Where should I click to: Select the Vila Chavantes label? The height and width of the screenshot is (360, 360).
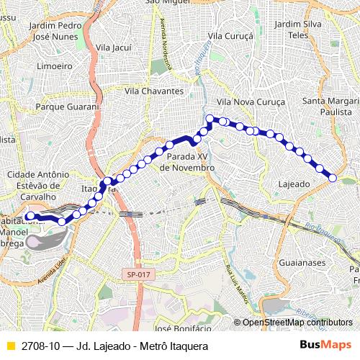(x=154, y=91)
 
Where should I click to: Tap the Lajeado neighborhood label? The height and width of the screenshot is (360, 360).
(x=294, y=184)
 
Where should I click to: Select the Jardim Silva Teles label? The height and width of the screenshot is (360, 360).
(x=298, y=30)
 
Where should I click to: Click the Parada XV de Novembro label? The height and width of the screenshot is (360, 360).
(x=187, y=162)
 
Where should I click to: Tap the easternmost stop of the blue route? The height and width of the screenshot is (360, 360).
(x=333, y=178)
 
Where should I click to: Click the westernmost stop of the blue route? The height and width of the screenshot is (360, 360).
(x=30, y=216)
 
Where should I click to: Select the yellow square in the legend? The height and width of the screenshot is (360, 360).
(x=9, y=346)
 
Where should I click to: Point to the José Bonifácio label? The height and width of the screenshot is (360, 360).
(x=183, y=328)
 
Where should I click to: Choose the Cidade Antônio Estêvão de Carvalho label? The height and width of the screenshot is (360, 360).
(x=37, y=185)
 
